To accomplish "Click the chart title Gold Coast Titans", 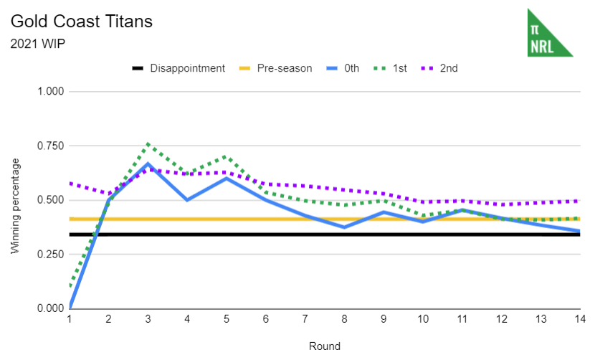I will point(81,21).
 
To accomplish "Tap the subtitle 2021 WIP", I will point(39,43).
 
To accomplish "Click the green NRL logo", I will point(549,33).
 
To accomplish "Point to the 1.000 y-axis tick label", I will point(51,92).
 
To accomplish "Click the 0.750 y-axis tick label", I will point(51,146).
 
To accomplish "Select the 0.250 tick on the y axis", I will point(51,254).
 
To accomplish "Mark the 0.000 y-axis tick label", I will point(51,308).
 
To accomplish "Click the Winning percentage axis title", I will point(15,207).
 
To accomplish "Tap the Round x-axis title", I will point(325,346).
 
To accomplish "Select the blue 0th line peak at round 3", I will point(148,164).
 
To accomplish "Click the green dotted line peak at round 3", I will point(148,144).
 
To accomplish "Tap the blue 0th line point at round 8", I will point(344,227).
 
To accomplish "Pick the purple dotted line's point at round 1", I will point(70,183).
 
